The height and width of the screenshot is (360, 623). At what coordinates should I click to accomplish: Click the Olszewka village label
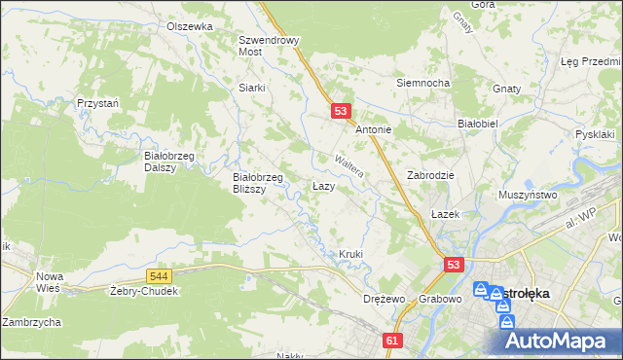(x=189, y=26)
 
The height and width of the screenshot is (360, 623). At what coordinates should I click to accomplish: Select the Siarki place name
(x=252, y=87)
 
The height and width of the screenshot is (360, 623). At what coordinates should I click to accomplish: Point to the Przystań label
(x=98, y=102)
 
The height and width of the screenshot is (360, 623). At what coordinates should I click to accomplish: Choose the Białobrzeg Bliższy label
(x=257, y=183)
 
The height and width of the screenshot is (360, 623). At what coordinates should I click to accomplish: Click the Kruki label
(x=350, y=255)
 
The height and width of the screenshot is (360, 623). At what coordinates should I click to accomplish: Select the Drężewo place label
(x=383, y=299)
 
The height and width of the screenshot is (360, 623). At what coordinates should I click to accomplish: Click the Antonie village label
(x=373, y=129)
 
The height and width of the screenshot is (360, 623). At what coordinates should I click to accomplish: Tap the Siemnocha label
(x=421, y=83)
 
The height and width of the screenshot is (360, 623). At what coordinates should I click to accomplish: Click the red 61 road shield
(x=392, y=341)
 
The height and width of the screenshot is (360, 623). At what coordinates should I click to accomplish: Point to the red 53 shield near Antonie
(x=340, y=112)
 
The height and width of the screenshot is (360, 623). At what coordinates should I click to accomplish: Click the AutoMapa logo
(x=556, y=341)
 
